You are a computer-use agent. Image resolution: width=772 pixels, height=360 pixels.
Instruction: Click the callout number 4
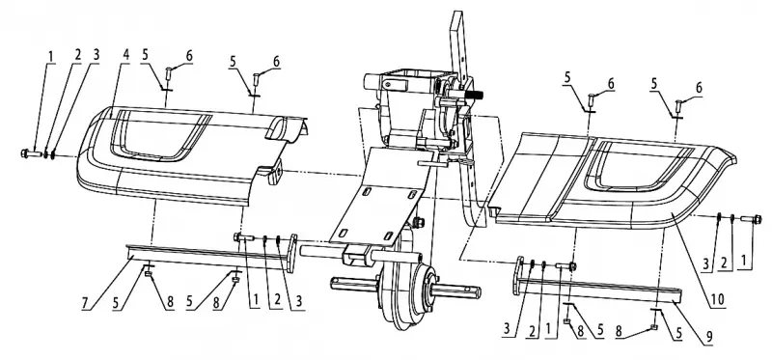tap(125, 54)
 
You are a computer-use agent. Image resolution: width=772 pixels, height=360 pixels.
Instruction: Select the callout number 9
tap(709, 337)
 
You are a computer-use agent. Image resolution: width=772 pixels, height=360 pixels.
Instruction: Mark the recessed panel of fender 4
tap(158, 135)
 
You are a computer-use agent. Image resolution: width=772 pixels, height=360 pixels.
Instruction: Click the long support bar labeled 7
tap(207, 255)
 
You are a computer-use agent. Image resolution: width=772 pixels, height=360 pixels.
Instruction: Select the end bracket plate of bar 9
tap(517, 275)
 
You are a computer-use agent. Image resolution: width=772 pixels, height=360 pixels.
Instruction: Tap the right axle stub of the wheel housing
tap(456, 291)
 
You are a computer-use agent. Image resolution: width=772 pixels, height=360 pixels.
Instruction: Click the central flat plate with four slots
tap(379, 197)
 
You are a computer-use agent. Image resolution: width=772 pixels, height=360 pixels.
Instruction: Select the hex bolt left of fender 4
tap(32, 153)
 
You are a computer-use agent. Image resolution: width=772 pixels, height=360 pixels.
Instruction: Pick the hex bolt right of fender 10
tap(751, 219)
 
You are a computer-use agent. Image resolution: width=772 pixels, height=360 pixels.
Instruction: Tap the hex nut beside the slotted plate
tap(420, 223)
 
